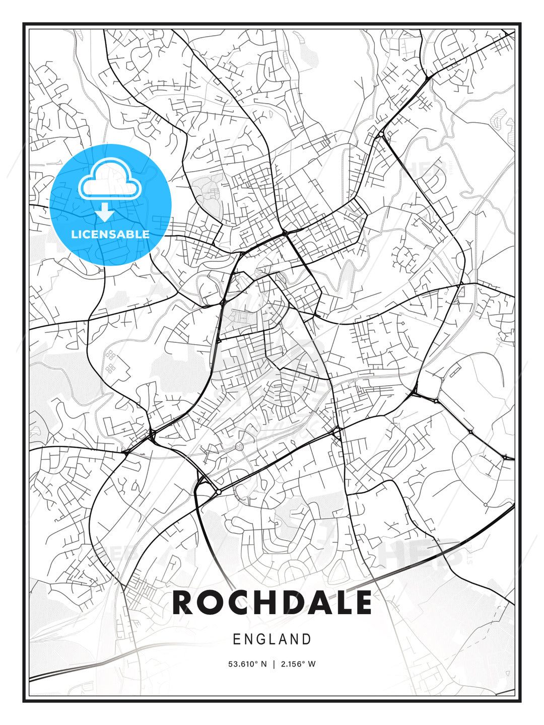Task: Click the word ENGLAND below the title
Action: point(272,639)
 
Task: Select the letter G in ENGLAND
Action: point(260,639)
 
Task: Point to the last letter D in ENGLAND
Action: point(307,639)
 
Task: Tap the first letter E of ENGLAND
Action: point(237,639)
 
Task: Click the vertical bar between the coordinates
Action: point(274,664)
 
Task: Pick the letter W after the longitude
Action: point(312,664)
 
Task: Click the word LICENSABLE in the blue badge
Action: point(110,234)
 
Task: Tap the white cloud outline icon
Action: point(108,180)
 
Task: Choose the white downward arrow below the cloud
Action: point(105,212)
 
